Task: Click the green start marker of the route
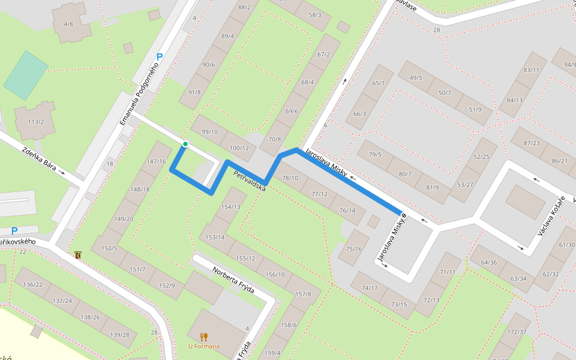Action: (x=185, y=144)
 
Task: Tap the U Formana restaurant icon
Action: (x=204, y=337)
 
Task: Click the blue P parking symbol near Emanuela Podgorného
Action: (x=160, y=58)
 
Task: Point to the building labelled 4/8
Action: (x=69, y=23)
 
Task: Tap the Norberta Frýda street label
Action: (x=233, y=280)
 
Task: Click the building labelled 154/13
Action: (x=230, y=207)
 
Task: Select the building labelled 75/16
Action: (x=354, y=248)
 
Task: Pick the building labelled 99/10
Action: (x=210, y=132)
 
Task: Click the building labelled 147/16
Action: (x=156, y=161)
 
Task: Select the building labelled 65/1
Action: (x=378, y=83)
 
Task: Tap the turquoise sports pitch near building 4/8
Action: (x=26, y=75)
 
